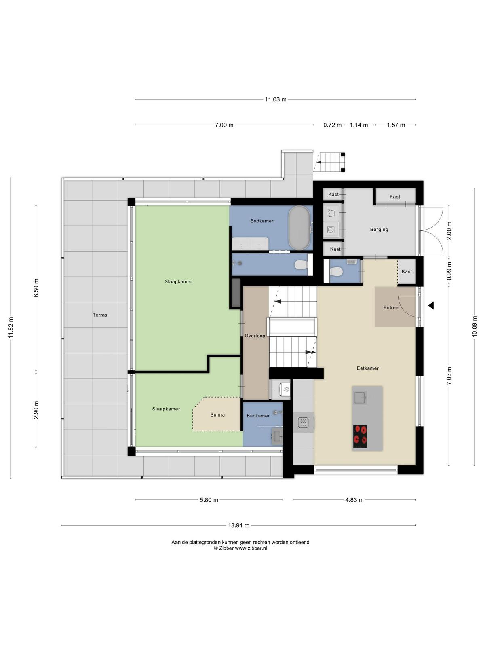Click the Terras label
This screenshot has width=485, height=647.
coord(100,315)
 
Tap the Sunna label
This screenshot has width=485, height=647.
coord(217,414)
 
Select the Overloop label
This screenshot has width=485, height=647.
coord(255,336)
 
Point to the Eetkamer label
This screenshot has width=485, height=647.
coord(367,368)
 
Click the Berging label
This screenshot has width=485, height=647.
coord(379,229)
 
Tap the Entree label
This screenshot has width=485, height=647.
coord(391,307)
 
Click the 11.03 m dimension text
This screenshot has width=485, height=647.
coord(276,99)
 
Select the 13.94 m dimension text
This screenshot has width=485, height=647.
coord(238,525)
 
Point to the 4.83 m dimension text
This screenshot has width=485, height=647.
coord(354,500)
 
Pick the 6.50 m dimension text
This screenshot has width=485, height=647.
coord(36,288)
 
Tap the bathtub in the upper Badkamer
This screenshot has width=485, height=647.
coord(299,228)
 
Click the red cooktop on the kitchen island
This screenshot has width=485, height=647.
coord(360,436)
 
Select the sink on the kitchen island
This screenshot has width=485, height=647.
coord(360,398)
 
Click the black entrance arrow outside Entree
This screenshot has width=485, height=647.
coord(431,306)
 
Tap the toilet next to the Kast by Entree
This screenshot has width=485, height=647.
coord(336,271)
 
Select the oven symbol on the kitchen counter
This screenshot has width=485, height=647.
coord(303,423)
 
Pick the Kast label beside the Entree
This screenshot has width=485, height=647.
coord(407,271)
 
